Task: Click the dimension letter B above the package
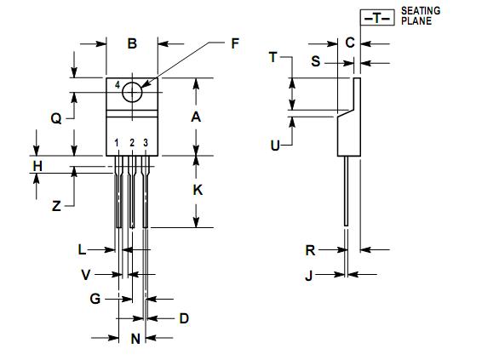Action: coord(132,43)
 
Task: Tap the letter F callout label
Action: coord(235,43)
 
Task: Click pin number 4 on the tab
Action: coord(118,85)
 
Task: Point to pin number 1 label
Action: coord(117,143)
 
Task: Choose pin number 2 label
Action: coord(132,143)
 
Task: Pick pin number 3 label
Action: coord(146,143)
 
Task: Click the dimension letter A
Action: coord(196,117)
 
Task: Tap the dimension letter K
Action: coord(198,190)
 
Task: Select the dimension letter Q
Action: coord(56,118)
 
